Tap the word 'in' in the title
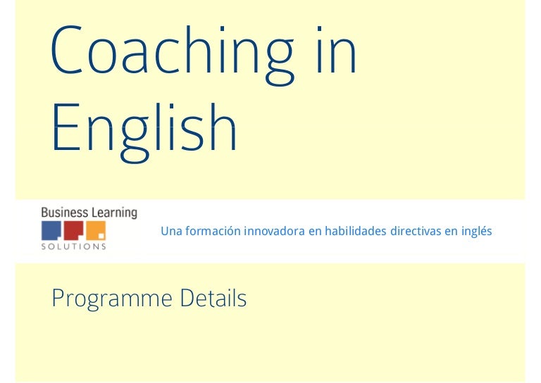point(335,51)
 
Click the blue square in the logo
point(51,231)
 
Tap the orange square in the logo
point(97,231)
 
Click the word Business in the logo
point(65,212)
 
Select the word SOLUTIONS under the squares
point(74,246)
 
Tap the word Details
point(213,299)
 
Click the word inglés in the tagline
point(477,231)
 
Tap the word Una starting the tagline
point(170,231)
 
